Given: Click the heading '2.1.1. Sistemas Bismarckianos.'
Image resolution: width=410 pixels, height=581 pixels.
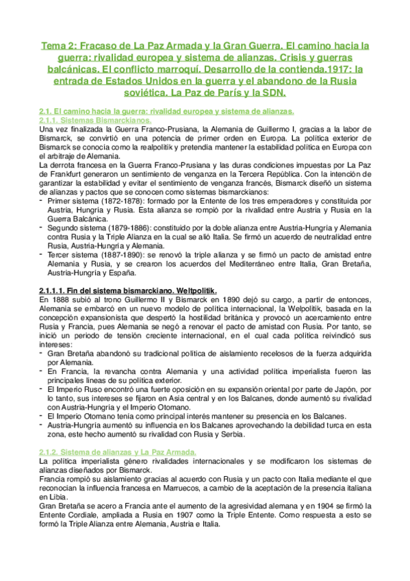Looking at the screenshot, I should [86, 120].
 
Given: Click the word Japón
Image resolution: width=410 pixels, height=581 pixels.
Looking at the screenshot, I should [355, 388].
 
